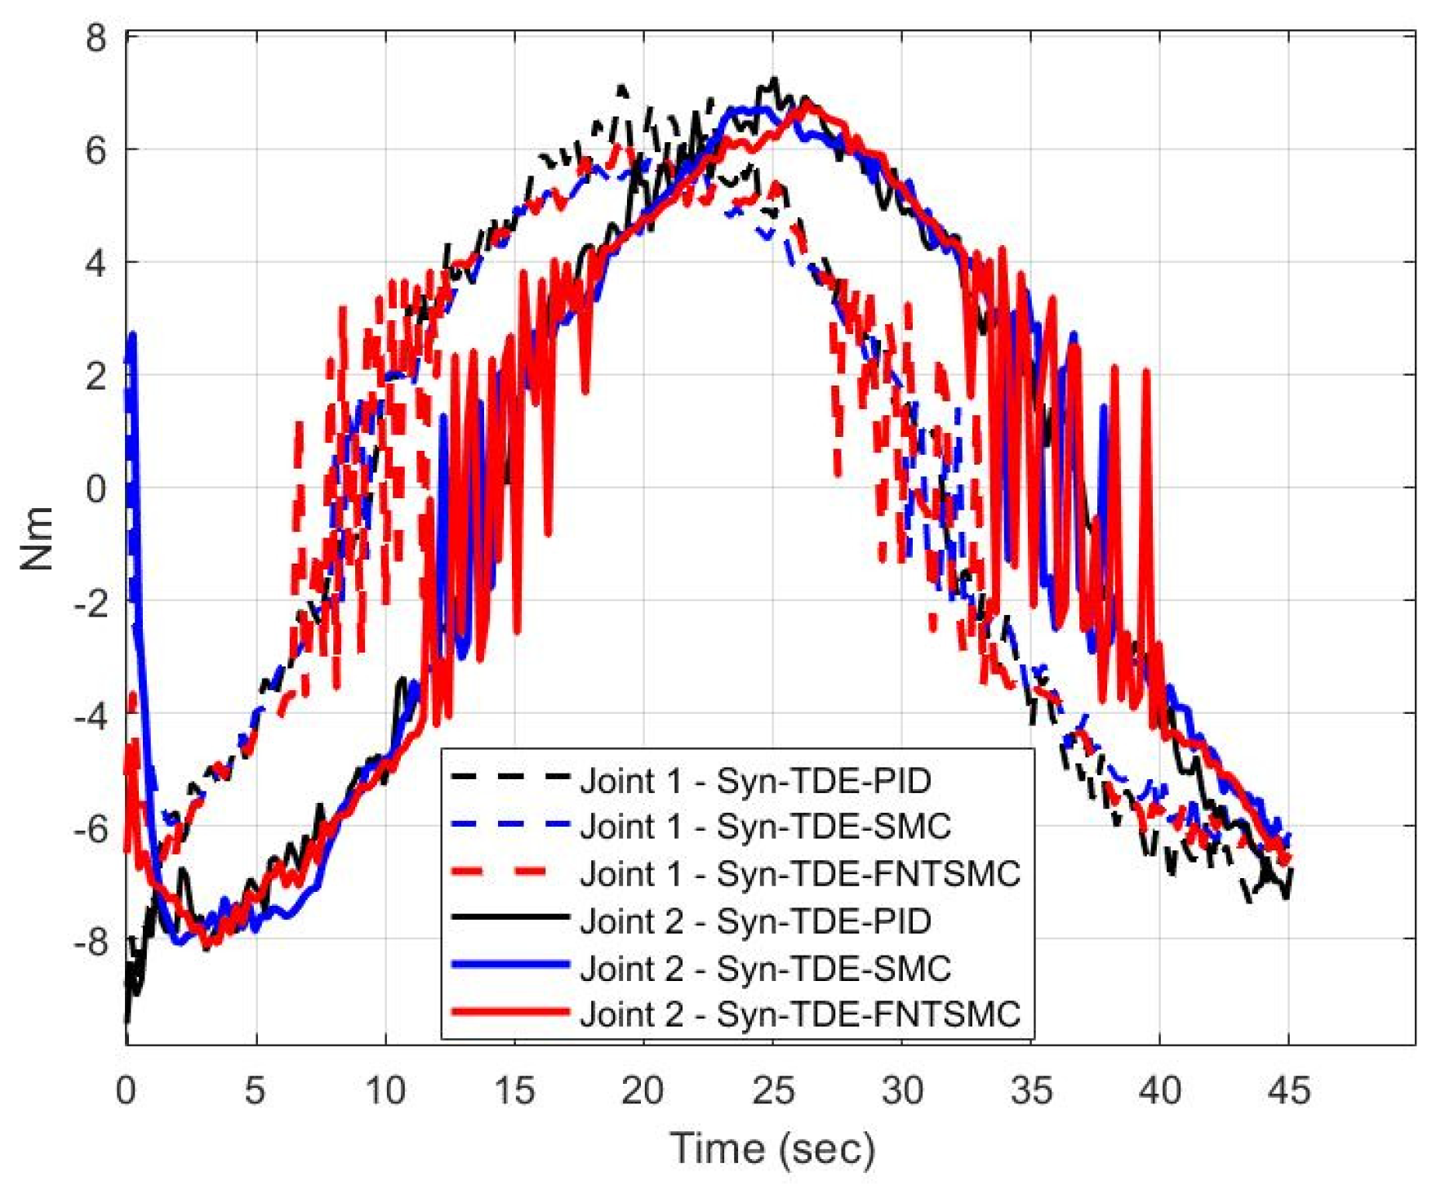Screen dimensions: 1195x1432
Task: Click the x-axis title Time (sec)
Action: click(772, 1148)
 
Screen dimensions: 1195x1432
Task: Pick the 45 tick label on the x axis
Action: click(1288, 1090)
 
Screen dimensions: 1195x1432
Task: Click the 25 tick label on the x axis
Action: click(772, 1090)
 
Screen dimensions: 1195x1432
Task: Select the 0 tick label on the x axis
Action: click(126, 1090)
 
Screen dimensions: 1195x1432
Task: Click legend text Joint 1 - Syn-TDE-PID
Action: click(755, 782)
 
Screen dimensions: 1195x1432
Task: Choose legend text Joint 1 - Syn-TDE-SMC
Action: click(765, 827)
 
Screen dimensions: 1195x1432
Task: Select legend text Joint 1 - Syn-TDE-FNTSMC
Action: click(800, 874)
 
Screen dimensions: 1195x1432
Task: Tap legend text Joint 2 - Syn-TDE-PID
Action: click(755, 921)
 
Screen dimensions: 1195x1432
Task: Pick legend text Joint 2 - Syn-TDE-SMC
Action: click(765, 968)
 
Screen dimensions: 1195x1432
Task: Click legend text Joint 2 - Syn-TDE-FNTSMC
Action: click(800, 1014)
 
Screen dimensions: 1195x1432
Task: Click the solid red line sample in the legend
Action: click(509, 1012)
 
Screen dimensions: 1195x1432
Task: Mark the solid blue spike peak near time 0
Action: click(132, 335)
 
